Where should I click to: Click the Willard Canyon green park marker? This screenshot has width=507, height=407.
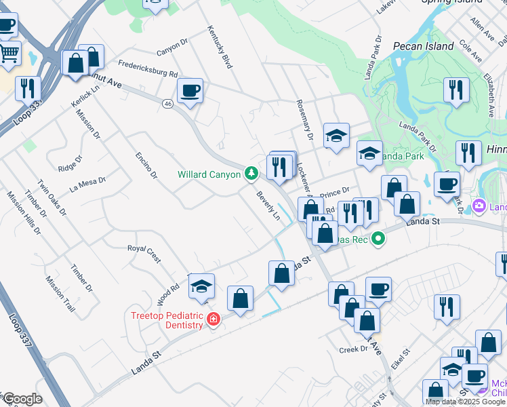pos(251,174)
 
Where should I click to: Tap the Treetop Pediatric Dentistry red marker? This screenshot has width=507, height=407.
pos(214,319)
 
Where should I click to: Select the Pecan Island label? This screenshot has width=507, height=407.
pos(423,47)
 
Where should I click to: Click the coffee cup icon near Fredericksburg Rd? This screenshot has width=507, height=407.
pos(190,90)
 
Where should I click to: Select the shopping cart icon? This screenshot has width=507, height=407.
pos(8,52)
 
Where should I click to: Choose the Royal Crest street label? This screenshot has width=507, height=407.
pos(144,252)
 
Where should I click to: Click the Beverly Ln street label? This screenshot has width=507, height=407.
pos(268,205)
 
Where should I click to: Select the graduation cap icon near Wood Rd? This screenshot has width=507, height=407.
pos(201,288)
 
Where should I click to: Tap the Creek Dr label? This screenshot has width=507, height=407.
pos(353,349)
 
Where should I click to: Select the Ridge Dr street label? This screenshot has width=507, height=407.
pos(70,163)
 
